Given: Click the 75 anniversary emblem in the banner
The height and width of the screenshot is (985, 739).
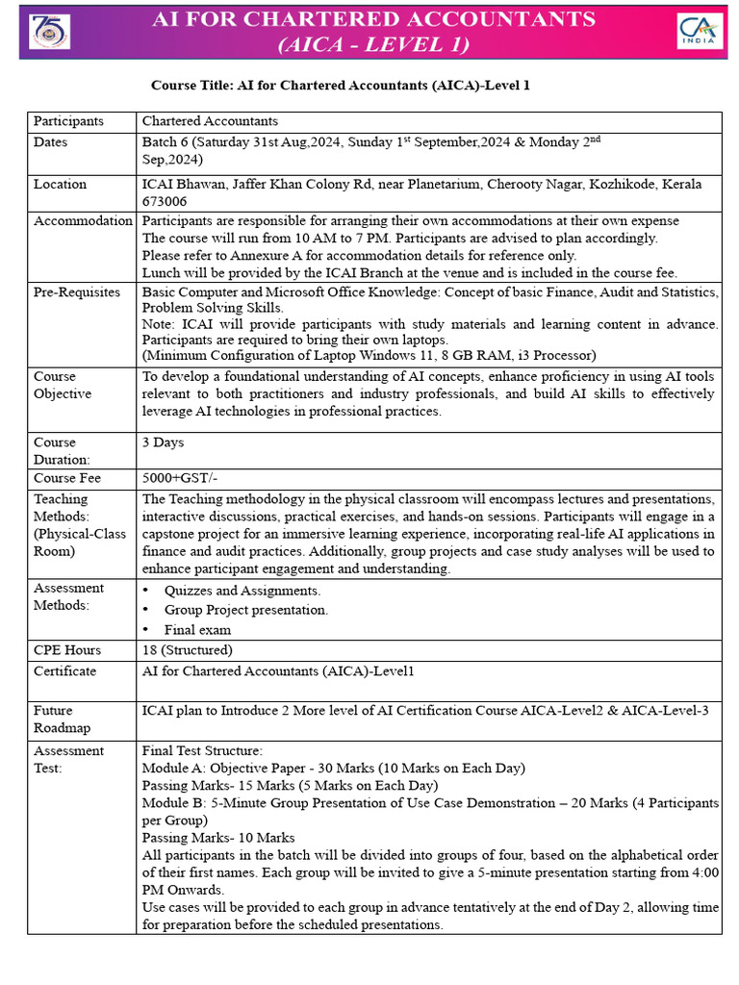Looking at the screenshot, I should coord(44,31).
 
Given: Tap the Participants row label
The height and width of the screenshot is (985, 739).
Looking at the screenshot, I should coord(68,121).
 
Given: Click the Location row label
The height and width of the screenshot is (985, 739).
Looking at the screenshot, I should coord(60,184).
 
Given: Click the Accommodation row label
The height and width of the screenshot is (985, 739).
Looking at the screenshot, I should coord(83,221).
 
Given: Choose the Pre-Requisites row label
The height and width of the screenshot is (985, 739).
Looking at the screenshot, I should coord(77,291).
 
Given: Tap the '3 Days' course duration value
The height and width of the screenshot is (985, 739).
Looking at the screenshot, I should coord(163,442).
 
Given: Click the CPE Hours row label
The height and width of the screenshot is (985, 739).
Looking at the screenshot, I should coord(67,650).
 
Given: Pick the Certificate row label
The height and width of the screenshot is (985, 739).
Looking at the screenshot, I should coord(64,670).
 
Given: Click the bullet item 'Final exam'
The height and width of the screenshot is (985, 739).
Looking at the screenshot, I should coord(197,630).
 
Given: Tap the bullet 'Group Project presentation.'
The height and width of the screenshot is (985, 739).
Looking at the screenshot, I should coord(245,610).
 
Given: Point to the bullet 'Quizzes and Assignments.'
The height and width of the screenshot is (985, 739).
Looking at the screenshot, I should coord(242,591).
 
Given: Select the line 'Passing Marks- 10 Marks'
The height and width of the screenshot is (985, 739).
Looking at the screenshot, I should coord(218,837).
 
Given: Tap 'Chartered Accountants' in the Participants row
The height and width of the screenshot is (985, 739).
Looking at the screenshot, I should coord(210,121).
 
